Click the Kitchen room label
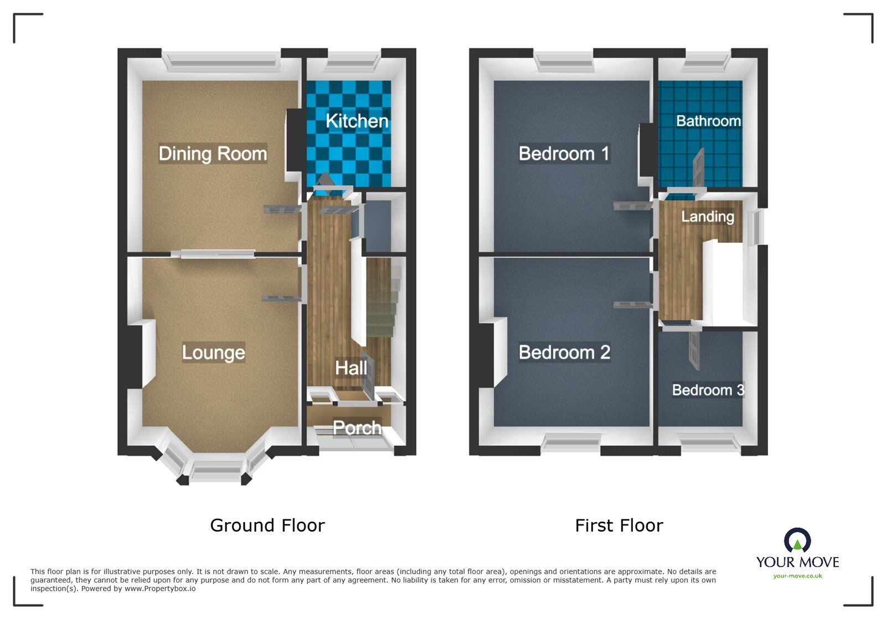[357, 121]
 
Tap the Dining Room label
[213, 153]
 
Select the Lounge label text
[213, 352]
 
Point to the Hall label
[351, 368]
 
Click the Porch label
[357, 428]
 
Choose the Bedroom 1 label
[564, 153]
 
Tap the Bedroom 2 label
[564, 352]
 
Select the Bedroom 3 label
[707, 390]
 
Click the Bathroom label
[708, 121]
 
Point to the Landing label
[707, 216]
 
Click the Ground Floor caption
[267, 525]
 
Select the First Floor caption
[619, 525]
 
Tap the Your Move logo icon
[797, 540]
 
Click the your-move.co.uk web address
[797, 576]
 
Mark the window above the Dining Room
[221, 60]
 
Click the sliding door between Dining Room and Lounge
[213, 253]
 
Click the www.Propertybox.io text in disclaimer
[159, 589]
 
